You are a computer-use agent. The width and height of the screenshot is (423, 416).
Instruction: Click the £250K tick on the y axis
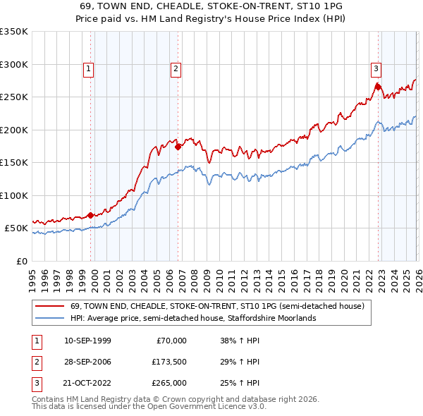pyautogui.click(x=13, y=97)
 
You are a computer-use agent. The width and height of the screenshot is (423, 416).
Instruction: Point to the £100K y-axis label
pyautogui.click(x=13, y=195)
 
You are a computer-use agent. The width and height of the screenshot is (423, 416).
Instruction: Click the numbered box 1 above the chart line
pyautogui.click(x=89, y=68)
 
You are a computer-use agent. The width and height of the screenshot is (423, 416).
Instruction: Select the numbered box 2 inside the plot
pyautogui.click(x=176, y=68)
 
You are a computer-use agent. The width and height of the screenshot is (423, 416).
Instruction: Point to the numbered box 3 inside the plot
pyautogui.click(x=376, y=68)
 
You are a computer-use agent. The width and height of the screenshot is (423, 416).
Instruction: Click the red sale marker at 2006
pyautogui.click(x=178, y=147)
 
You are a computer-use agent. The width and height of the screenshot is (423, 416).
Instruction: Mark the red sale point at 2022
pyautogui.click(x=378, y=87)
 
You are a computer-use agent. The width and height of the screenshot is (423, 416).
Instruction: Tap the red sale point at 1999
pyautogui.click(x=91, y=215)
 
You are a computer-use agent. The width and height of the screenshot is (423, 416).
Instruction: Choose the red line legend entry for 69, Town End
pyautogui.click(x=216, y=307)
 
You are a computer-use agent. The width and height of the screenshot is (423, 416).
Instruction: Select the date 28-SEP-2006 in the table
pyautogui.click(x=87, y=362)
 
